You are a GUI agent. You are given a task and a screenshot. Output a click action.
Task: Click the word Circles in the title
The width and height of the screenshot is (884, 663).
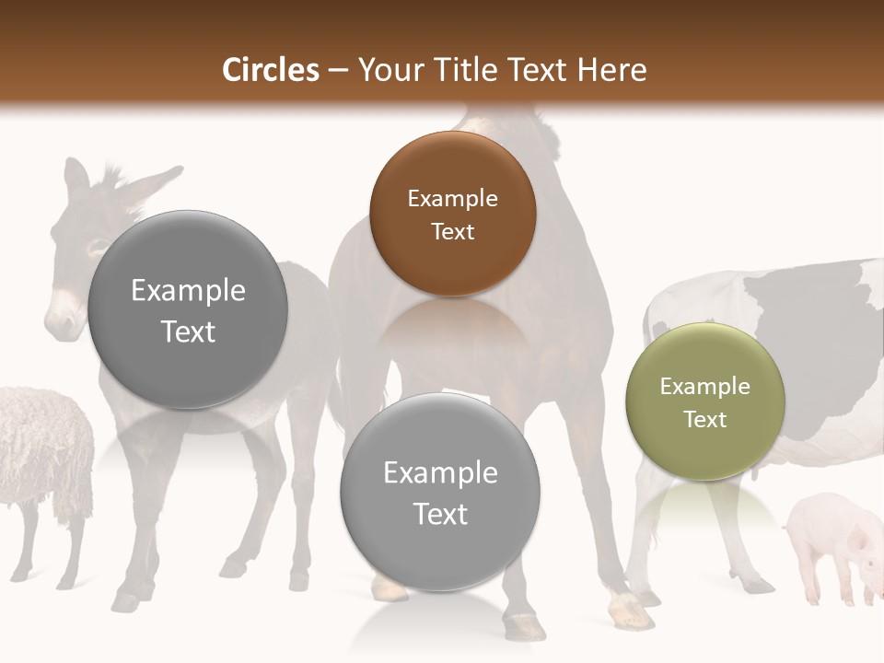[271, 70]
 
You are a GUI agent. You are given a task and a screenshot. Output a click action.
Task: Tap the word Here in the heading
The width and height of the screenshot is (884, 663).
[611, 70]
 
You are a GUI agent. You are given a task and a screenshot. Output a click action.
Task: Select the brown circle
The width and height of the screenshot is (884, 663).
[452, 214]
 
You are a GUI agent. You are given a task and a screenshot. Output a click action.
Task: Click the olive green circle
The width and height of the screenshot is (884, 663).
[704, 402]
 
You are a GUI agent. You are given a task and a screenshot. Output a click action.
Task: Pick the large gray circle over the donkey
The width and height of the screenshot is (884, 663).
[188, 309]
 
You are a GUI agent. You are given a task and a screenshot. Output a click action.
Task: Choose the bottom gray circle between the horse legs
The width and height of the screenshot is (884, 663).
[439, 492]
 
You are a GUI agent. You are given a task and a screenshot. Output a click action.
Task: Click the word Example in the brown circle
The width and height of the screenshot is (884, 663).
[452, 199]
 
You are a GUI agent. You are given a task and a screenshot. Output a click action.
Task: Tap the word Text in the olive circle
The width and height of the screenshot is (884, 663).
[705, 420]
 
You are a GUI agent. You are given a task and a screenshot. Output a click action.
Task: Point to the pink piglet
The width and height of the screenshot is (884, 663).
[829, 543]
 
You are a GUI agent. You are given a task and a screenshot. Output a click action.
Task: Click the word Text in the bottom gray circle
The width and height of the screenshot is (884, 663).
[440, 514]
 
